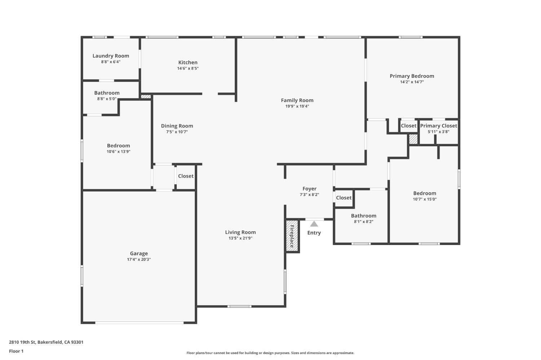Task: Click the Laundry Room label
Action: [x=111, y=56]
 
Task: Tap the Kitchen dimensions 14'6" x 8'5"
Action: [x=188, y=68]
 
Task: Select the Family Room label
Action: [x=297, y=100]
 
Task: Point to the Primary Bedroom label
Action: [x=412, y=76]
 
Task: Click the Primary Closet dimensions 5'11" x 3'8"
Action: [x=439, y=132]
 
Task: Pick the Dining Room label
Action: [x=177, y=126]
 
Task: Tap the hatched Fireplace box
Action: [x=292, y=236]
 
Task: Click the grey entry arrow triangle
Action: [x=314, y=224]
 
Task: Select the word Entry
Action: [x=314, y=233]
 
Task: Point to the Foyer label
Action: [x=309, y=189]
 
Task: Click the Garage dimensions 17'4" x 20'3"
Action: [x=139, y=259]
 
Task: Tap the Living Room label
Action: [x=240, y=232]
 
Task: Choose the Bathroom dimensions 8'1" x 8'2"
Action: [x=364, y=222]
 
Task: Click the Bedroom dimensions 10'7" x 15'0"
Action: [x=425, y=199]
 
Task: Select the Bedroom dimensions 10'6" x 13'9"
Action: [x=119, y=152]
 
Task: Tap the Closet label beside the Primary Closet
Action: [x=409, y=126]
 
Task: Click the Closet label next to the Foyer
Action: [x=344, y=197]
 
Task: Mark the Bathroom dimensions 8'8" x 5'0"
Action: [x=107, y=99]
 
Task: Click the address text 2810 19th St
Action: [x=22, y=342]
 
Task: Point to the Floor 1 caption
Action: [x=16, y=351]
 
